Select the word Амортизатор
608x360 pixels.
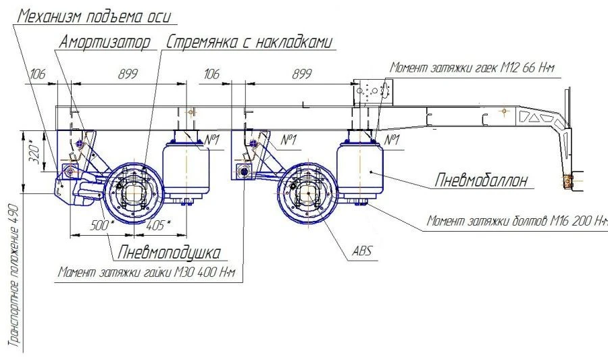point(105,43)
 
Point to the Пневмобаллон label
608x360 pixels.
point(480,180)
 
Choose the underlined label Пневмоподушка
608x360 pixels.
point(169,253)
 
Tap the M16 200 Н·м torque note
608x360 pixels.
point(517,222)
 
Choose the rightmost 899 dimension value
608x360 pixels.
point(301,75)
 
